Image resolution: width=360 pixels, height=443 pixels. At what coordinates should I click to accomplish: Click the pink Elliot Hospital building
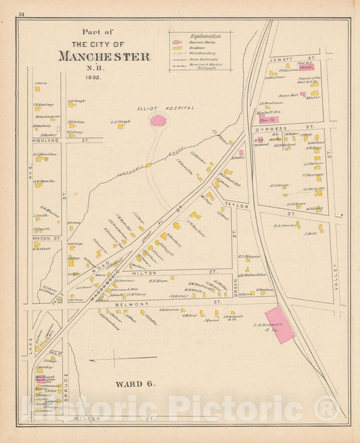pyautogui.click(x=158, y=120)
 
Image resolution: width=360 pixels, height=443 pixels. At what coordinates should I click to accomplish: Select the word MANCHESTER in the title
pyautogui.click(x=103, y=56)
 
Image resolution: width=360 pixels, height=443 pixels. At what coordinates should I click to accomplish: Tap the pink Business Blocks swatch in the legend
pyautogui.click(x=177, y=42)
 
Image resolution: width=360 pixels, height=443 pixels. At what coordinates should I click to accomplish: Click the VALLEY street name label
pyautogui.click(x=333, y=278)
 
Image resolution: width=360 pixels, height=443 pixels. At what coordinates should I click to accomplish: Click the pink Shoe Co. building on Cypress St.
pyautogui.click(x=269, y=120)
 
